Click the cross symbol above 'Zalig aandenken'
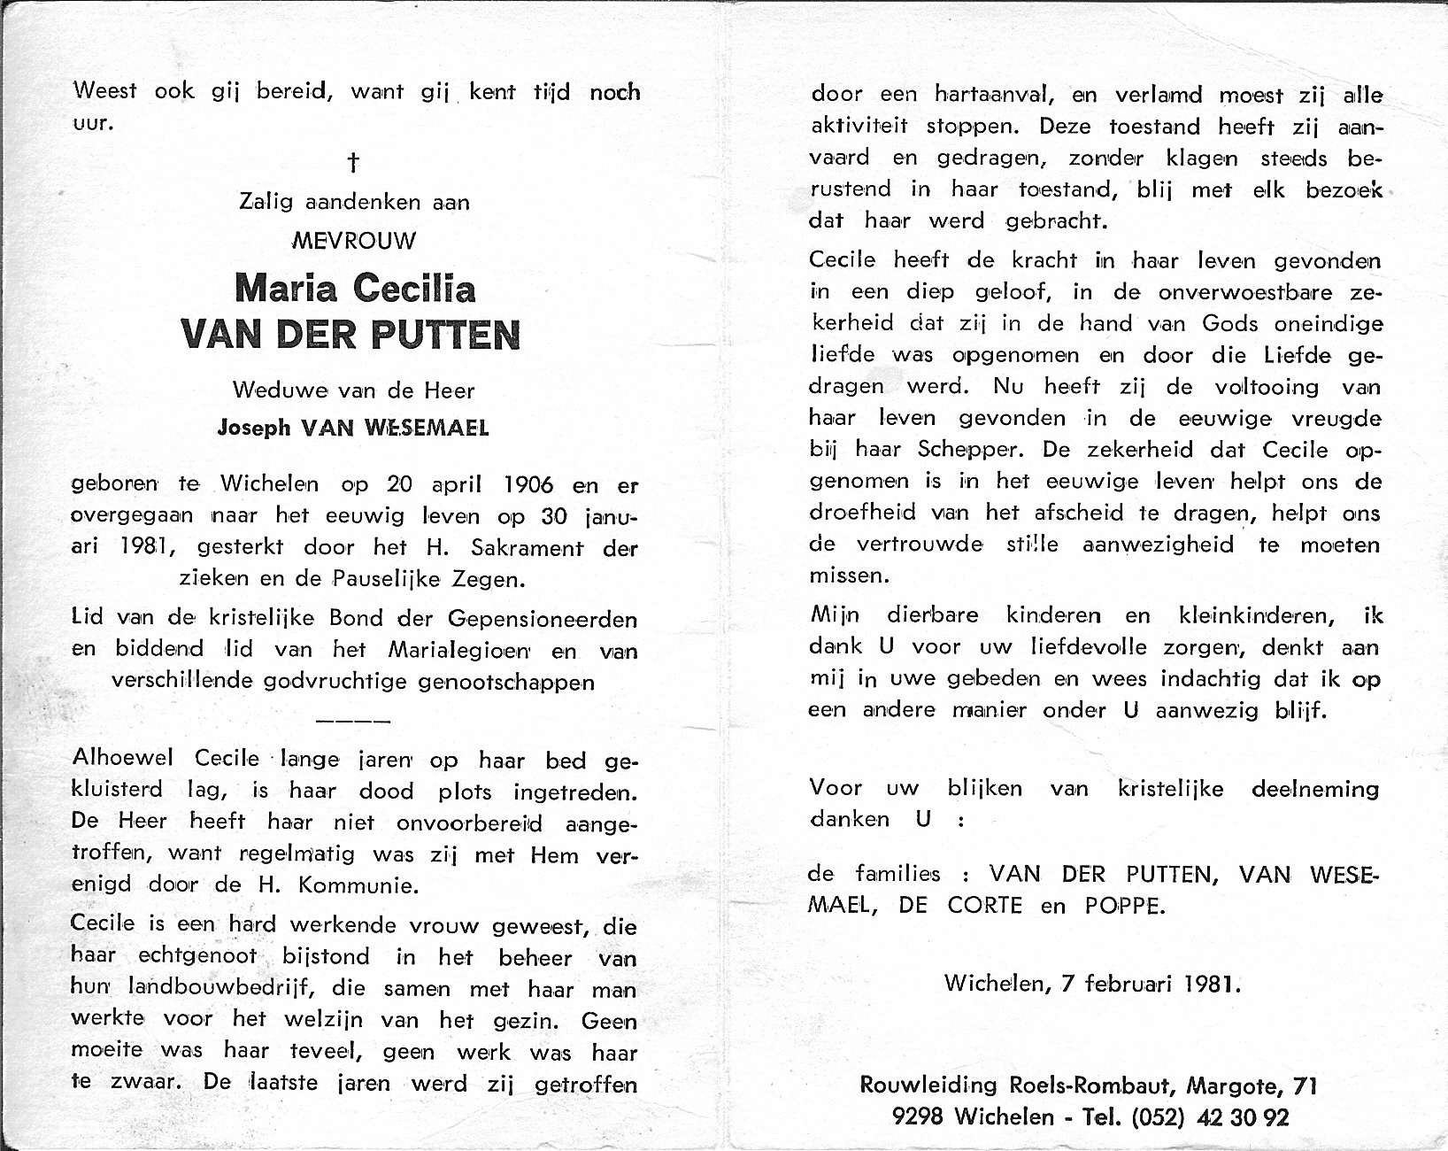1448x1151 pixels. [x=354, y=162]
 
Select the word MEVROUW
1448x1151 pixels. [x=354, y=241]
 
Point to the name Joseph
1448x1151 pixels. [x=254, y=428]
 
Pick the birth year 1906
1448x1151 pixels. [x=528, y=484]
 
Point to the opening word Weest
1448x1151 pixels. [x=105, y=91]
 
